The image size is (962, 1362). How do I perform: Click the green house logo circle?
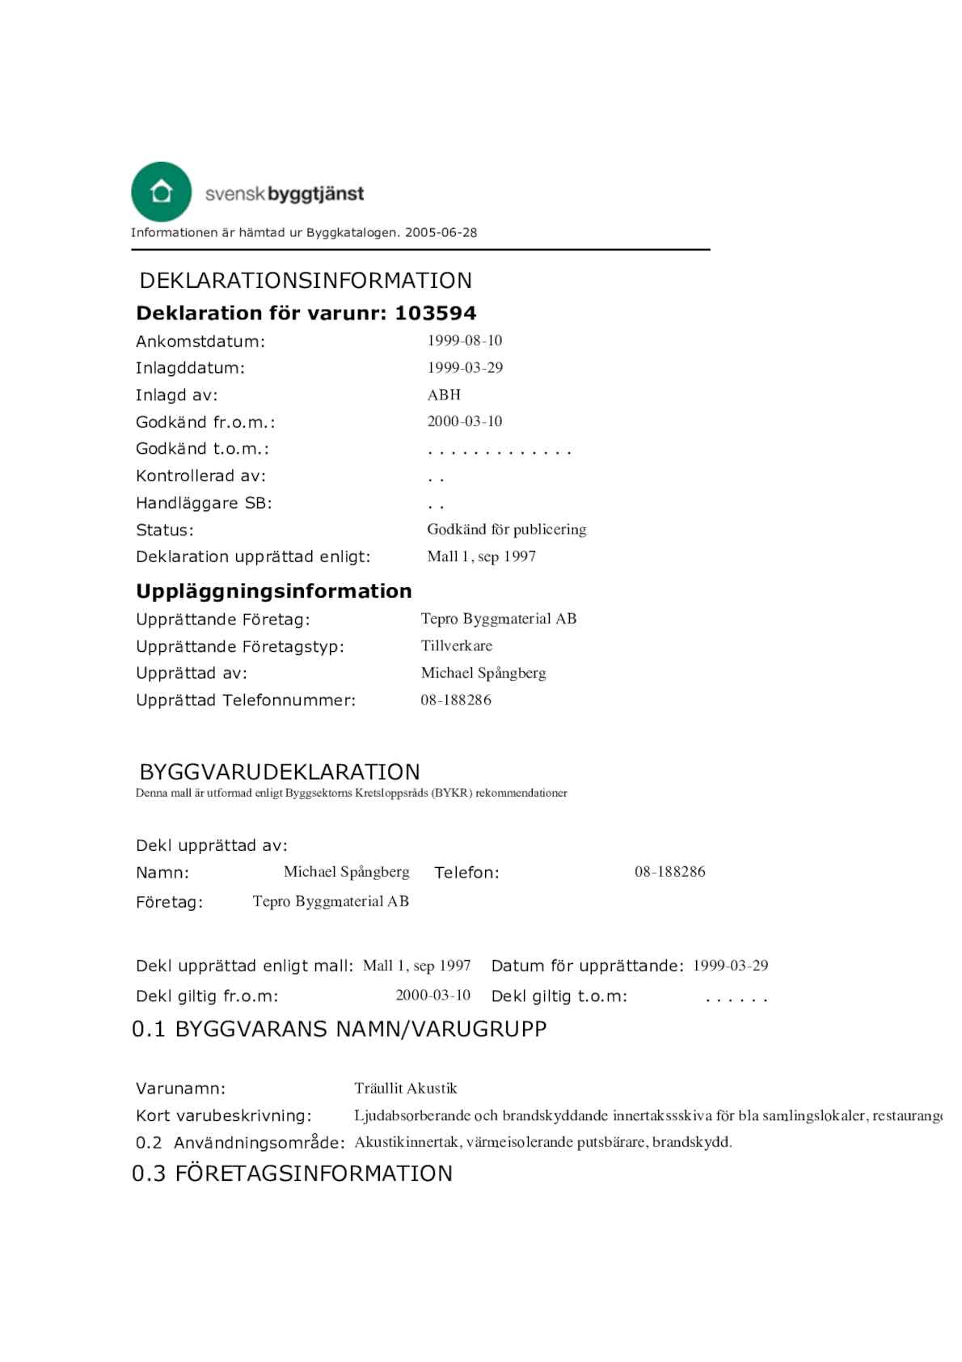(x=161, y=192)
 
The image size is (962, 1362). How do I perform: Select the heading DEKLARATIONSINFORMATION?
(x=306, y=281)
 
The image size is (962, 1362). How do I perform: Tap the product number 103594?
(x=435, y=313)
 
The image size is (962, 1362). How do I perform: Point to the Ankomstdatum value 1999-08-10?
(x=465, y=340)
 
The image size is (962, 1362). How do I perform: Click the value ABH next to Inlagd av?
(x=444, y=395)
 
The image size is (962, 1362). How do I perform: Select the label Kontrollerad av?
(x=200, y=476)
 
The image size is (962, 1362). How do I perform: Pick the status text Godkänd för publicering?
(x=506, y=530)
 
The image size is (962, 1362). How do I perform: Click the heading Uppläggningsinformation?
(x=273, y=591)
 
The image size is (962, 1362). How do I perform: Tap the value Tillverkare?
(x=456, y=646)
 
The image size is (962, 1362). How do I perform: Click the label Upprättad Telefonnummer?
(x=246, y=700)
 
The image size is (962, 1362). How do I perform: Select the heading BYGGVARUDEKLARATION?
(x=280, y=772)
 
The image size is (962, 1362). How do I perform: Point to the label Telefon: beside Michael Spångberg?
(x=466, y=873)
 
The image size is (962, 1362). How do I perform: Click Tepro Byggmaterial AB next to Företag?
(x=331, y=902)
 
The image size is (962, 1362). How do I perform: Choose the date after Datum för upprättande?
(x=730, y=966)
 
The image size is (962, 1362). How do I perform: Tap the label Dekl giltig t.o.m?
(x=559, y=996)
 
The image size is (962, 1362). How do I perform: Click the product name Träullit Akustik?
(x=406, y=1089)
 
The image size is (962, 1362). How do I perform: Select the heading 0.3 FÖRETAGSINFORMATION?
(x=292, y=1174)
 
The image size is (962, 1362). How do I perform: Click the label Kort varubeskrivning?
(x=223, y=1116)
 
